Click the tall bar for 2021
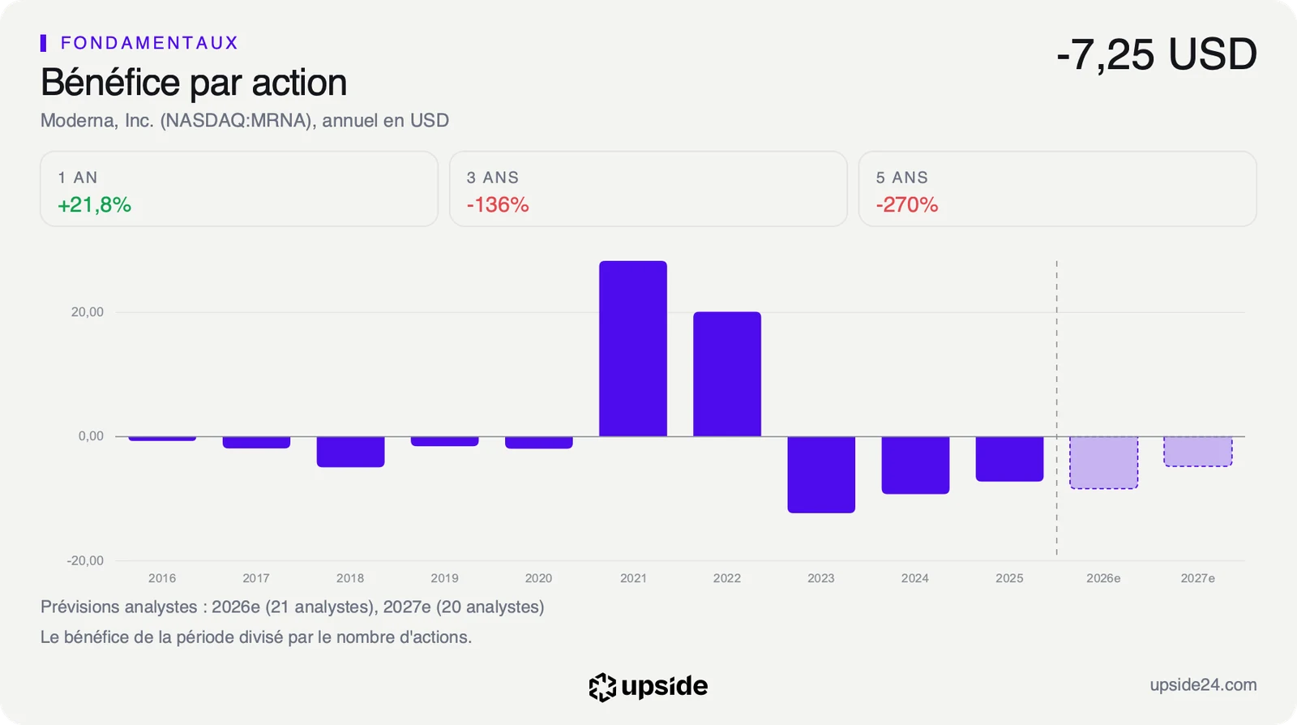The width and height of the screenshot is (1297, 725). (633, 349)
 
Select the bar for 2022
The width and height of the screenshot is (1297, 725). (727, 374)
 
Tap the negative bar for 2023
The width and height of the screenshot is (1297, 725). (821, 474)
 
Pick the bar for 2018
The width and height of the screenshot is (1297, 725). (350, 452)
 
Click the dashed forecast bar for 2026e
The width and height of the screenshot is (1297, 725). (1103, 463)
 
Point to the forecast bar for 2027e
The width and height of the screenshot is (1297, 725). (1198, 451)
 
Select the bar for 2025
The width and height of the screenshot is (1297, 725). (1009, 459)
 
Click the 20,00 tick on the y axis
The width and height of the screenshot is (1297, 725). (88, 312)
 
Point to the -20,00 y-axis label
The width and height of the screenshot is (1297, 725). (85, 560)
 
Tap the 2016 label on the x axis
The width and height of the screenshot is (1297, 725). (162, 578)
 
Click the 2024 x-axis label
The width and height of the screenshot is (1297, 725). (915, 578)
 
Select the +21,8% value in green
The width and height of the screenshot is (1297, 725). (94, 205)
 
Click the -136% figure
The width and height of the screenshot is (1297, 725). (498, 205)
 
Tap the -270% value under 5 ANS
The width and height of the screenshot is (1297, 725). (907, 205)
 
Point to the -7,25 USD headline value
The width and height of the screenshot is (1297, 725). (1156, 54)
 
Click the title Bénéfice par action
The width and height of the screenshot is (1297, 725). (194, 82)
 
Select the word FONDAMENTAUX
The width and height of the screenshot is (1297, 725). (149, 43)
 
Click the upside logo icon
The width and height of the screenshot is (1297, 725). (602, 688)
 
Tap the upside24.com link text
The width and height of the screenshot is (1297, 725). (1203, 685)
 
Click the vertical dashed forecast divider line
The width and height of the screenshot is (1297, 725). (1057, 408)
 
